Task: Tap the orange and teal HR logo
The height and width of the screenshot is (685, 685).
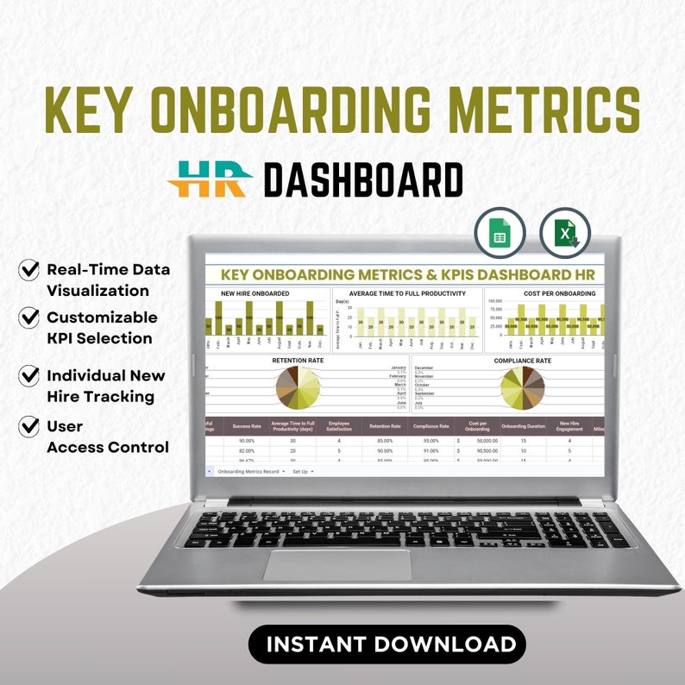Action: coord(209,179)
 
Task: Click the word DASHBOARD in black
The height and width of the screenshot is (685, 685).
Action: coord(363,180)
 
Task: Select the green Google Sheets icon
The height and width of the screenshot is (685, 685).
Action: coord(499,233)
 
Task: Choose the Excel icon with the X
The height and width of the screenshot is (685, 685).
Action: coord(565,233)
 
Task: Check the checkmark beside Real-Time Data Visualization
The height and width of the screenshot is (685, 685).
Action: coord(29,270)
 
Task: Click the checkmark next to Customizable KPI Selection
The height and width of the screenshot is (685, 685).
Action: coord(29,317)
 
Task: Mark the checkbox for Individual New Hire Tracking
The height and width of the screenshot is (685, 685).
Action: coord(29,375)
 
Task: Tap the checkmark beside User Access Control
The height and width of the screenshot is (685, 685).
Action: coord(29,426)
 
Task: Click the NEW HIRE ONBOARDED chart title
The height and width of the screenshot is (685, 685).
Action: coord(255,294)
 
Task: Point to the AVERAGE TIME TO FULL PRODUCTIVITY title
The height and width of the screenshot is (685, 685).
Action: coord(407,294)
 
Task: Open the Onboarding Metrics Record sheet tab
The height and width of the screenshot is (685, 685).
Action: coord(250,472)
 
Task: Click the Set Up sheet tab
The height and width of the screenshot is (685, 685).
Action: coord(300,472)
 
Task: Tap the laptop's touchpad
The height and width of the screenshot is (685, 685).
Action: coord(337,565)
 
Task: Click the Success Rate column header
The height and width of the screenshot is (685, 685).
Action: coord(247,425)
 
